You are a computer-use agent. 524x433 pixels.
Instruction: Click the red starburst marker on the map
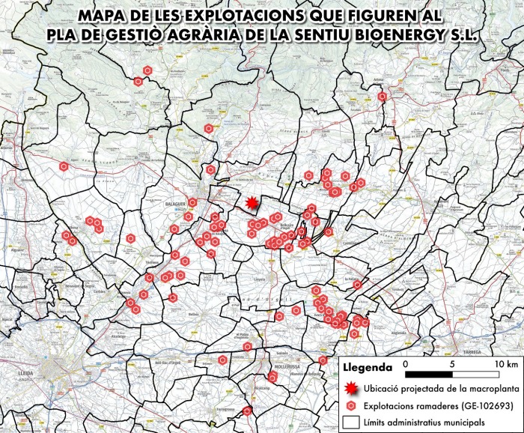[x=252, y=203]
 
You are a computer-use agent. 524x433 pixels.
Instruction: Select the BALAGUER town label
[x=175, y=202]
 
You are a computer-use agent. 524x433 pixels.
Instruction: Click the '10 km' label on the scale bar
[x=505, y=364]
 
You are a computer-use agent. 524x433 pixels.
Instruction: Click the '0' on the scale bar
[x=405, y=364]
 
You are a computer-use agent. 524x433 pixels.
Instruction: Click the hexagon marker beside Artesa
[x=383, y=96]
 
